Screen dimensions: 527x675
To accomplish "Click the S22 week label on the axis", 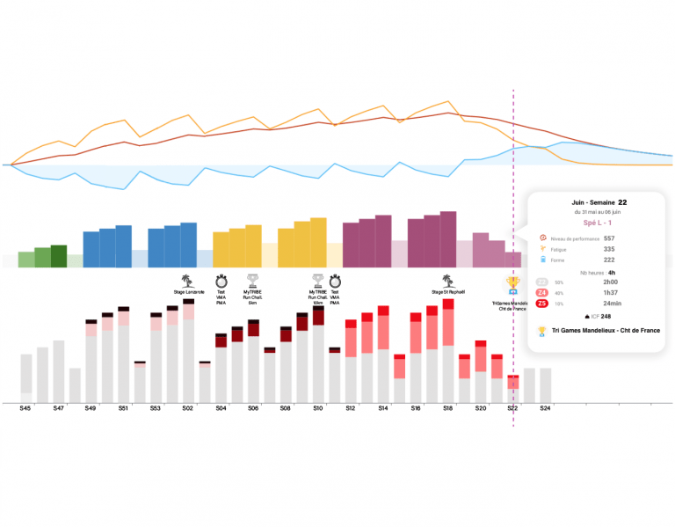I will (512, 408).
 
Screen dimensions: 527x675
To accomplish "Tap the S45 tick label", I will (26, 408).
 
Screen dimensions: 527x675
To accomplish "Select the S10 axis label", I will (317, 408).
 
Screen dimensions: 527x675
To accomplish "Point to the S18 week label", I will (447, 408).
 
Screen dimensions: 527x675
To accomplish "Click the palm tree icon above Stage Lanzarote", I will (188, 279).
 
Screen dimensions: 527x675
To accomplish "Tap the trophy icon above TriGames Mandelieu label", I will (512, 283).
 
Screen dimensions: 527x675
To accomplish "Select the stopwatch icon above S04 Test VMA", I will (221, 279).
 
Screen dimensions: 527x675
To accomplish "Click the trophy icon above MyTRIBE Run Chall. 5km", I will (253, 279).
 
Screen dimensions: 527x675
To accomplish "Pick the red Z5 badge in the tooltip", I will (542, 304).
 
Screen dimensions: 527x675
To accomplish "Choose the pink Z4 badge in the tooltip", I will (542, 292).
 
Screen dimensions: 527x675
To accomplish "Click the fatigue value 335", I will (609, 249).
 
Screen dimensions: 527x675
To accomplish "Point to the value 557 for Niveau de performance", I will (609, 238).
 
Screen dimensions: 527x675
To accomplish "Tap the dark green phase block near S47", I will (59, 255).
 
